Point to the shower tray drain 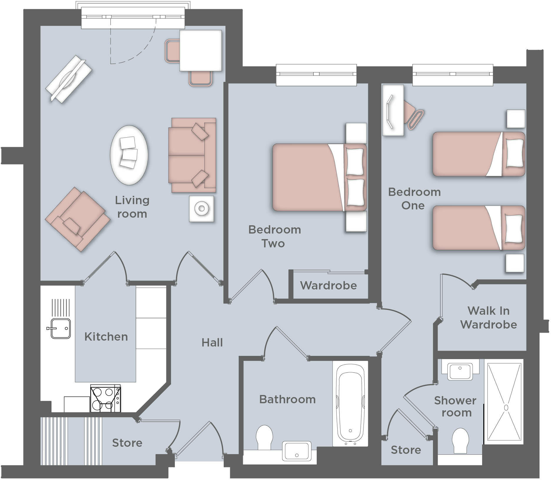pos(506,407)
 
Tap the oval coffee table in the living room pos(129,155)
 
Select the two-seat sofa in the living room pos(192,155)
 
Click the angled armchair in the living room pos(77,219)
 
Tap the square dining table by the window pos(200,50)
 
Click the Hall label pos(212,343)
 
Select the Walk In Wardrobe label pos(489,318)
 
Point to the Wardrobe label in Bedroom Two pos(328,286)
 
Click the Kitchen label pos(106,337)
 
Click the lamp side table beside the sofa pos(202,209)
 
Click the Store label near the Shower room pos(406,450)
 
